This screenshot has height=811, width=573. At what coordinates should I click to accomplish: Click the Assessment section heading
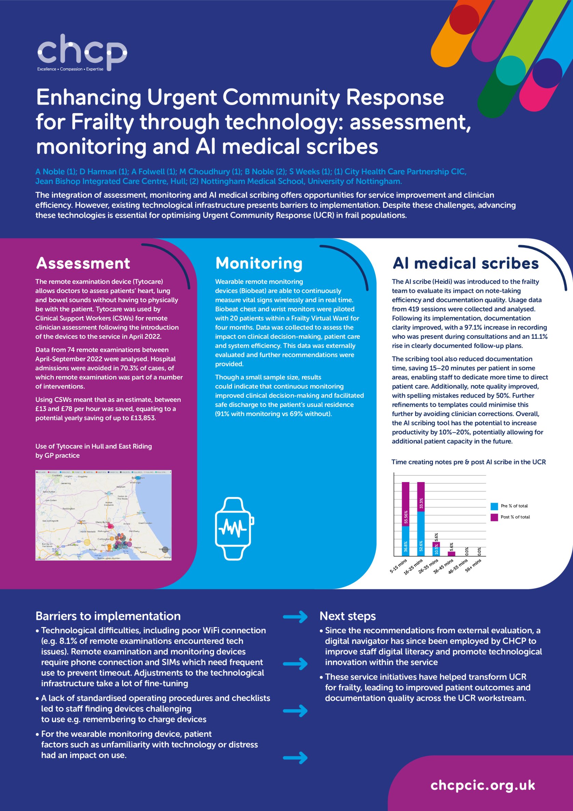point(83,264)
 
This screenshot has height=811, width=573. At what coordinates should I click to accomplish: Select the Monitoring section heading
point(259,264)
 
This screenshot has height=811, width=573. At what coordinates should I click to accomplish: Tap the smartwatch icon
point(234,529)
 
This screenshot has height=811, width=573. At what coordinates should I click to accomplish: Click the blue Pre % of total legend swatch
point(494,506)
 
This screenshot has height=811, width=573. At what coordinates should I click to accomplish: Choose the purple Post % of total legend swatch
point(494,517)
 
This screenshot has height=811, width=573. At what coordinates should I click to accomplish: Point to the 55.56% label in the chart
point(406,517)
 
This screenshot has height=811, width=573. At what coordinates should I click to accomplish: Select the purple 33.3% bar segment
point(421,497)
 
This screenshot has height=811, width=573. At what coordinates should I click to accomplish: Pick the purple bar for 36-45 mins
point(451,554)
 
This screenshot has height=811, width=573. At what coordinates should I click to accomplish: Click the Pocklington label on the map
point(68,509)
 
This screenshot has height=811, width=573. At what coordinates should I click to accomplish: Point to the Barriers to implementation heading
point(108,616)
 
